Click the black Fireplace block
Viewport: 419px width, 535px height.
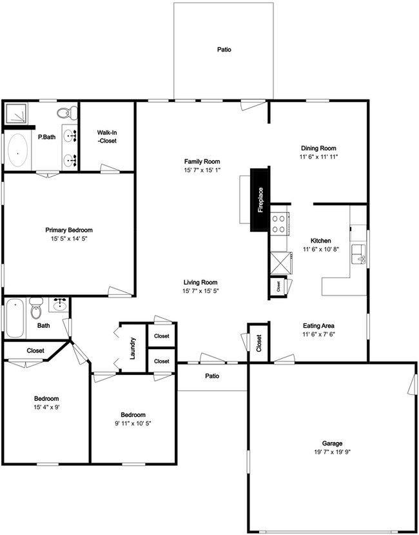260,199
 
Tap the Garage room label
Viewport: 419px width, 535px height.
332,443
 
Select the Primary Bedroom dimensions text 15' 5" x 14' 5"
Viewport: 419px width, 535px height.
69,239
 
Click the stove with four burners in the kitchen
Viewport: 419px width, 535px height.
279,223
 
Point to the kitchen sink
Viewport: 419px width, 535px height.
358,254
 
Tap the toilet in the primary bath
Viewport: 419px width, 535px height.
65,114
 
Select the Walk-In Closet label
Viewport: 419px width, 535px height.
106,136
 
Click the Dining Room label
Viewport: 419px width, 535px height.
318,148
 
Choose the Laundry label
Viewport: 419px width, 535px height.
133,348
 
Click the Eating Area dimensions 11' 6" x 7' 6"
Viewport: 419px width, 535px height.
318,334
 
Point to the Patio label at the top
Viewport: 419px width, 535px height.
224,49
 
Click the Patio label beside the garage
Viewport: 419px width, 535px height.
213,376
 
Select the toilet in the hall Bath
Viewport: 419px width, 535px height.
36,310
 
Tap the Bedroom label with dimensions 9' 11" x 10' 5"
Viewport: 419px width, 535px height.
133,415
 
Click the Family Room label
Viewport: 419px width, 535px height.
202,161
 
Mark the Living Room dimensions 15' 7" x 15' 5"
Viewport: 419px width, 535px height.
200,291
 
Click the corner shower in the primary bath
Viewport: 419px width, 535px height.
18,114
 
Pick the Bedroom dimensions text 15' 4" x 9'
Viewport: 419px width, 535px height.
46,407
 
